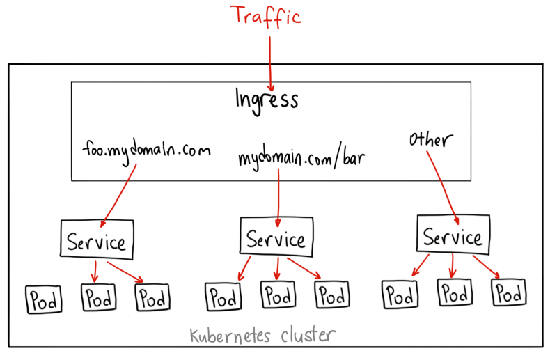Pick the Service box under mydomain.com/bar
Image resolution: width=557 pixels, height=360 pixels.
point(276,239)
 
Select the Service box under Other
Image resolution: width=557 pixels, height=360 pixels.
point(453,237)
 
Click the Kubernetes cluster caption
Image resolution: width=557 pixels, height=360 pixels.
point(263,336)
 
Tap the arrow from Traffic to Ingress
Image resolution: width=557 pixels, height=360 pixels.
point(269,56)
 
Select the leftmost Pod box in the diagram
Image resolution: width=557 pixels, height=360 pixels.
point(42,300)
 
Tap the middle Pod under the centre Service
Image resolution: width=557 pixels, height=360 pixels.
point(276,295)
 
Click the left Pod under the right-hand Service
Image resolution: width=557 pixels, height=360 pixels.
point(399,295)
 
